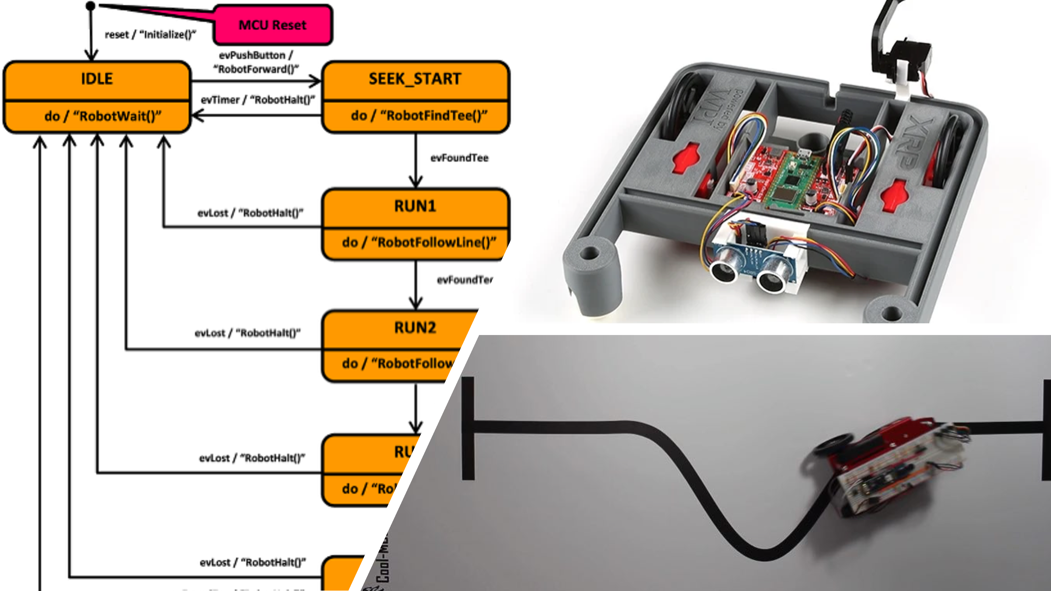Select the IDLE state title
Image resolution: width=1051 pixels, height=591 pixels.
click(x=97, y=79)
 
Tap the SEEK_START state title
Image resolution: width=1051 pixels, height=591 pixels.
click(x=415, y=79)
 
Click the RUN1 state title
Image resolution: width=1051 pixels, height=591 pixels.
click(x=415, y=206)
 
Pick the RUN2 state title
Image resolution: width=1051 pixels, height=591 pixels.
click(x=415, y=328)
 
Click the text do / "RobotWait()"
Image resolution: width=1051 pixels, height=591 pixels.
click(x=103, y=116)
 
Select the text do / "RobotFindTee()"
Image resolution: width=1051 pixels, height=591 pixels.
click(x=419, y=116)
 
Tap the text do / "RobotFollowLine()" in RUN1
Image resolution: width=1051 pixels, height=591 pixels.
click(x=419, y=242)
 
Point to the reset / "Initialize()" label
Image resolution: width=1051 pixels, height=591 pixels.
click(x=150, y=35)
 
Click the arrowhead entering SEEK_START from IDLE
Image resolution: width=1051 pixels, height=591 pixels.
click(x=315, y=81)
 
